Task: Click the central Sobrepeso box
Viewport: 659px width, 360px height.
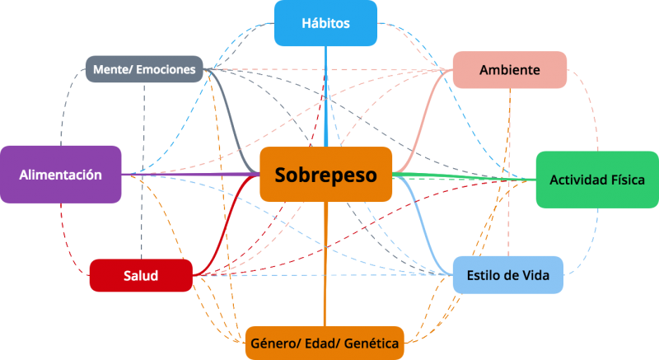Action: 325,175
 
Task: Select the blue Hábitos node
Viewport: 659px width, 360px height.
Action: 325,23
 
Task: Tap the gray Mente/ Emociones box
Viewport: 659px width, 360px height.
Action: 145,69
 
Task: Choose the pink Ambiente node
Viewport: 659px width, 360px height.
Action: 510,70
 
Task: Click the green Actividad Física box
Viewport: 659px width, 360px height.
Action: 597,180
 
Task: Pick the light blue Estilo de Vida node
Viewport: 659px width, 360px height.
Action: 508,275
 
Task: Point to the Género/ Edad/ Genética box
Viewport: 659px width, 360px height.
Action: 325,344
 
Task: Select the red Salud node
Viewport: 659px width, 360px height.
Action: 141,276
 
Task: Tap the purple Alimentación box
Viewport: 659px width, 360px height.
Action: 60,175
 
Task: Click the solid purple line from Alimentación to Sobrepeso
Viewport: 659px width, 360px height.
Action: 190,175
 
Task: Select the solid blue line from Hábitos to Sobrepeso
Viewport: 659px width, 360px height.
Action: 325,96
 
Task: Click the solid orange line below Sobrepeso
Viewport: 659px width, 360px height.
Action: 325,264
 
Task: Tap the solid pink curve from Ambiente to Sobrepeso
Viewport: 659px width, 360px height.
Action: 423,122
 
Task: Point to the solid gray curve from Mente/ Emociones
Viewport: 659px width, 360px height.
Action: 231,122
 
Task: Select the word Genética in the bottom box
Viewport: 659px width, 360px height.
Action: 372,344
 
